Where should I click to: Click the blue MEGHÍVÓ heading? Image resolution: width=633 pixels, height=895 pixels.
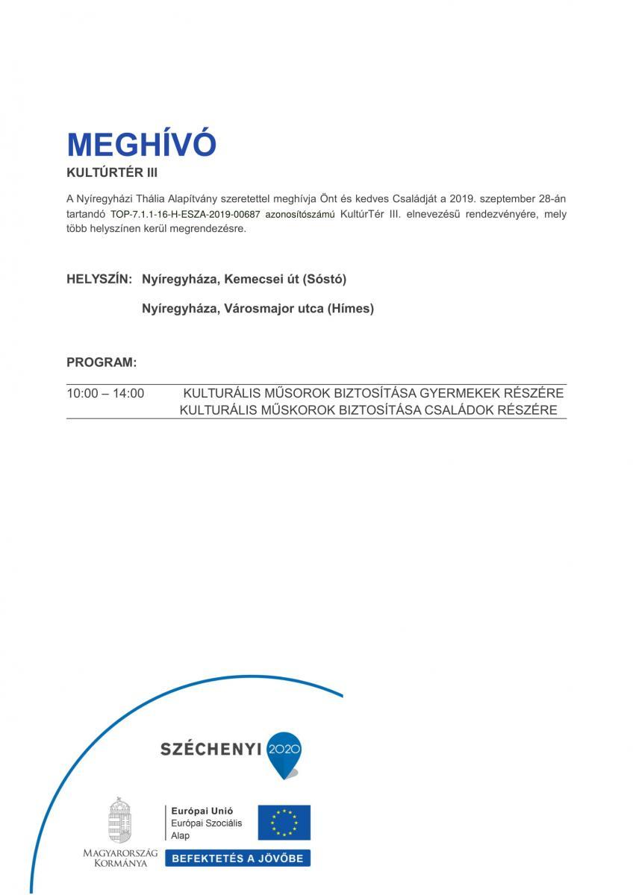(x=141, y=145)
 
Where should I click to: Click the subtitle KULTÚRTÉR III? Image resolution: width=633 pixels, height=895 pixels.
(x=112, y=172)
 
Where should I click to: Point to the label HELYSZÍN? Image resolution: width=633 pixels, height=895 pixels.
(x=99, y=279)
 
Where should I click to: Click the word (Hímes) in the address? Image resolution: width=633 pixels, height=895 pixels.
(x=350, y=308)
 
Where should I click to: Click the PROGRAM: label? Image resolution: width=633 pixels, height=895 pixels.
(x=102, y=362)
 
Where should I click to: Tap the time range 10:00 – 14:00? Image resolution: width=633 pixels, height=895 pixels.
(x=105, y=393)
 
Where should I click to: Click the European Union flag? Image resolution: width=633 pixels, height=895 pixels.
(x=284, y=822)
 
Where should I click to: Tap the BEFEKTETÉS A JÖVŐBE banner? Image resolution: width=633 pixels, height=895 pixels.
(x=237, y=858)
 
